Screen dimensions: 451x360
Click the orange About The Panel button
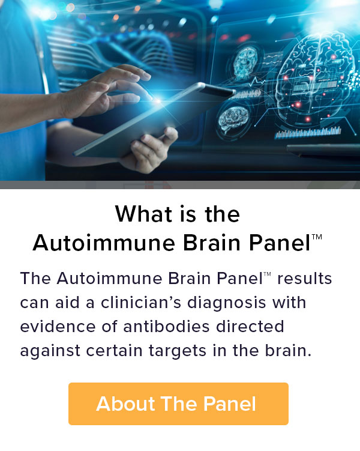click(x=178, y=404)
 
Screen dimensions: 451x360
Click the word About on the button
click(x=121, y=404)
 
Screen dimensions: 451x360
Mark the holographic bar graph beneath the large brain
click(x=308, y=132)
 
